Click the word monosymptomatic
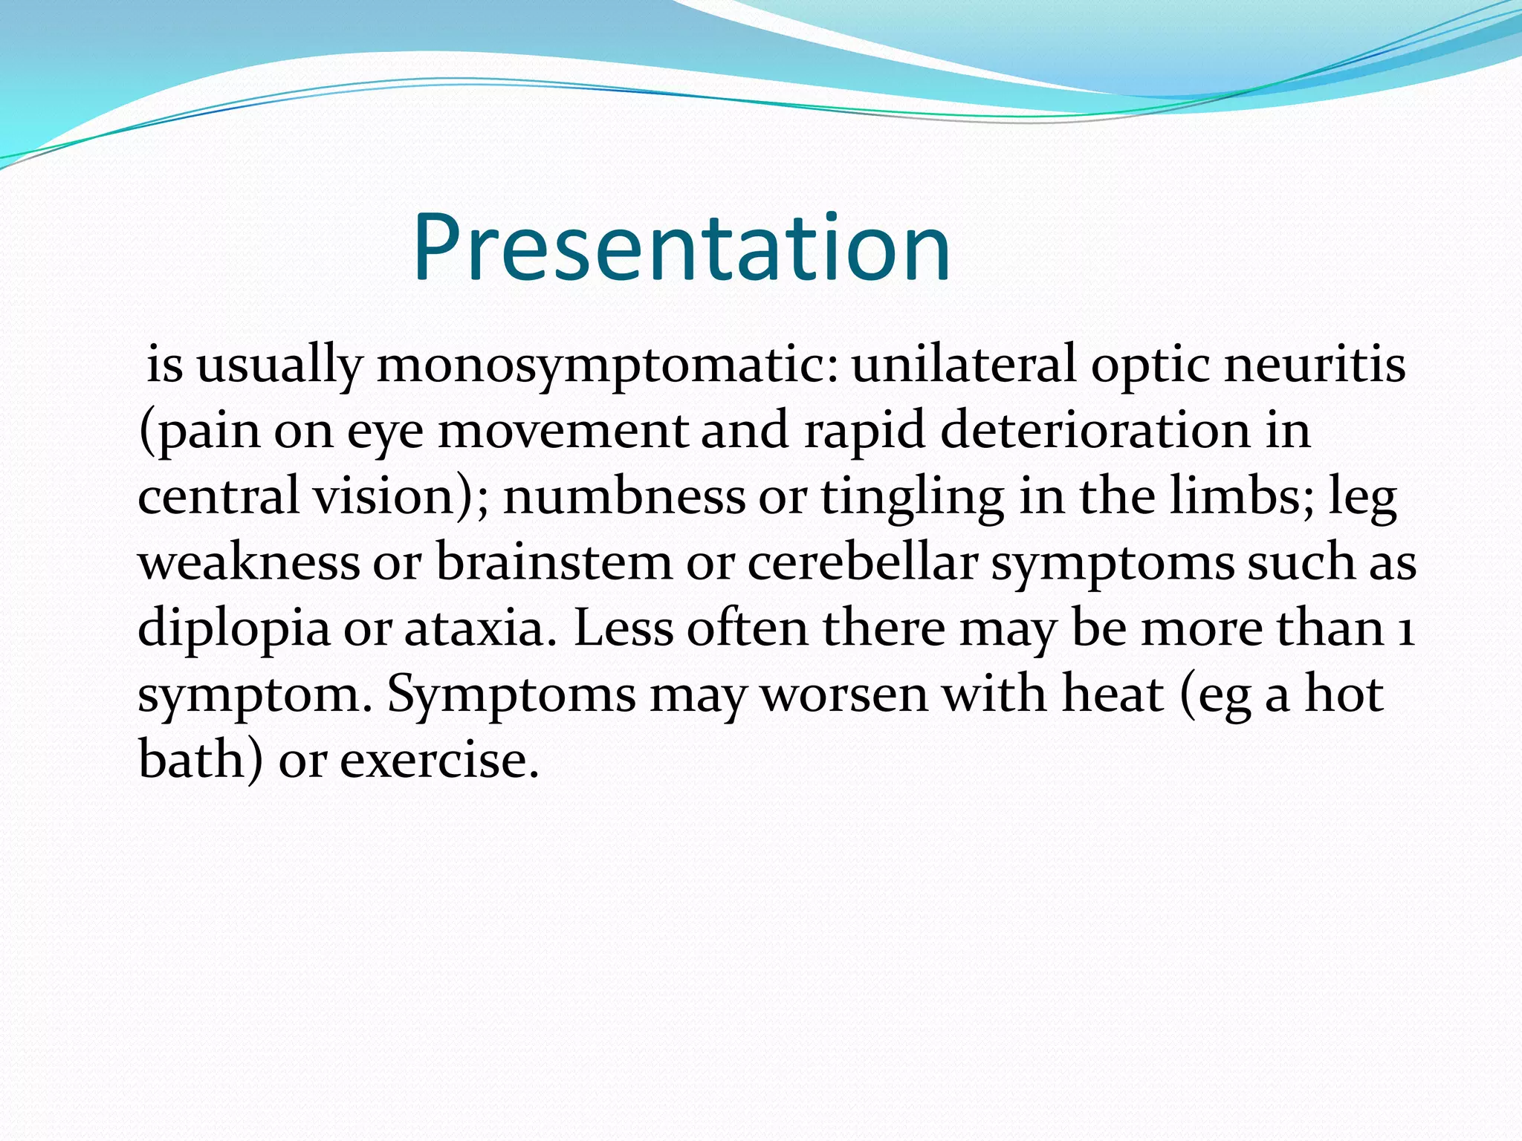click(x=606, y=365)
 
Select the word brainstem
click(x=554, y=562)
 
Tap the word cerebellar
click(x=862, y=562)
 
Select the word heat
click(x=1113, y=694)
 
